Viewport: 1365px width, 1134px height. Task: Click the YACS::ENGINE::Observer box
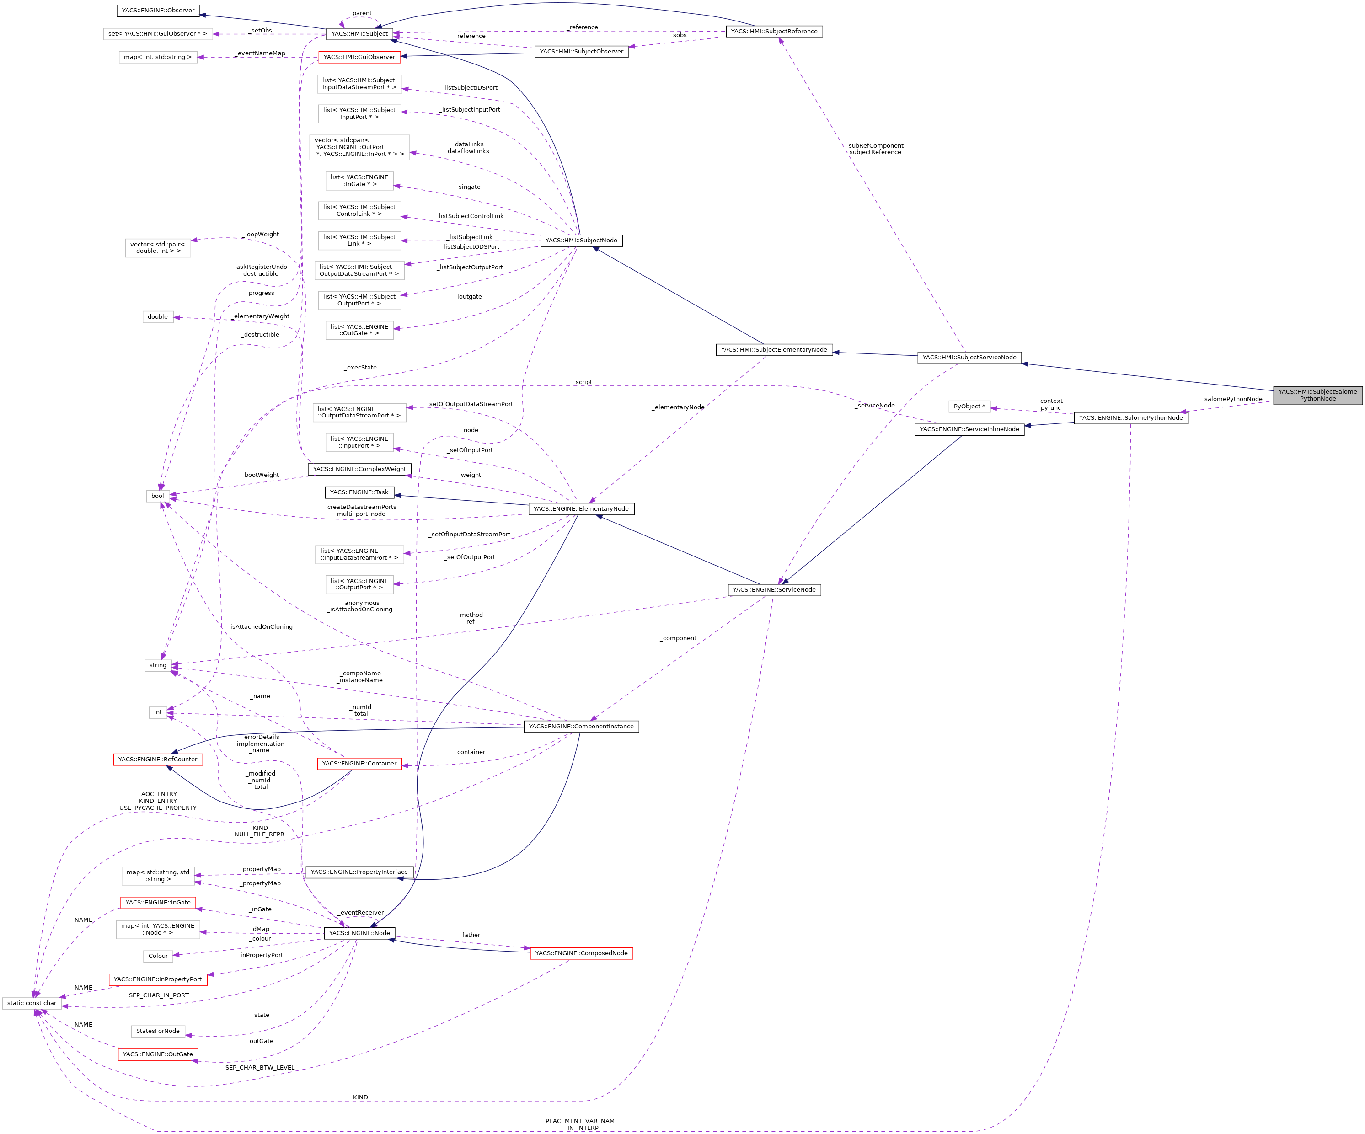tap(158, 11)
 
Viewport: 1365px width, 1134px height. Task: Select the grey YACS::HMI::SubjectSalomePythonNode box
tap(1317, 395)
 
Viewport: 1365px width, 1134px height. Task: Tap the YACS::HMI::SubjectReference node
tap(774, 31)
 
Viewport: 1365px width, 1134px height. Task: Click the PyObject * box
tap(969, 406)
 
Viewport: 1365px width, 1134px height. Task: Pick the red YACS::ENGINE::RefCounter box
tap(158, 759)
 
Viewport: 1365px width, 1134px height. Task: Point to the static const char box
tap(32, 1003)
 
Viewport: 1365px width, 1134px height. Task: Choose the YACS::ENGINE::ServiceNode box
tap(774, 589)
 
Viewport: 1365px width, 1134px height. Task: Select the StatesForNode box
tap(158, 1031)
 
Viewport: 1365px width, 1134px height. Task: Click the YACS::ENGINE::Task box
tap(359, 492)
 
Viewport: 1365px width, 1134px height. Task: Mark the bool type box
tap(158, 496)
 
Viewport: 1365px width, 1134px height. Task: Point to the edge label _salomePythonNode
tap(1232, 399)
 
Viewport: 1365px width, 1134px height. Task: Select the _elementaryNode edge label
tap(678, 407)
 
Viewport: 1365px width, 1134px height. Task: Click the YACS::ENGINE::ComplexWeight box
tap(359, 469)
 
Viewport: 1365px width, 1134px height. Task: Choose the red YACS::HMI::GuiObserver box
tap(359, 57)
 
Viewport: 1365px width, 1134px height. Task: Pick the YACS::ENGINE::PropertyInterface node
tap(359, 872)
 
